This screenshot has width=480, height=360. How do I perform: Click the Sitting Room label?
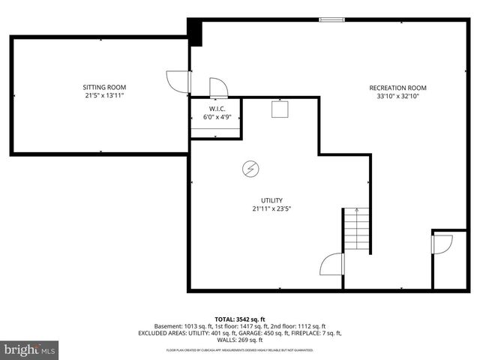103,87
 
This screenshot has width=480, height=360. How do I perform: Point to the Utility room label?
271,200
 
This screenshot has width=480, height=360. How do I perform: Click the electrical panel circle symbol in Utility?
249,169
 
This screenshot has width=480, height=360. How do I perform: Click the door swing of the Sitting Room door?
175,80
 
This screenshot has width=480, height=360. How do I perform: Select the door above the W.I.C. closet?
218,87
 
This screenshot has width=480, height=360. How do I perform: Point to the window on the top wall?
331,19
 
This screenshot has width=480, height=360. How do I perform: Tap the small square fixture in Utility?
280,109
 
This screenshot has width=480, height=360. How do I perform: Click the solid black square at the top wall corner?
195,32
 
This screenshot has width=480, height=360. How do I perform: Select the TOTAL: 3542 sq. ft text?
240,319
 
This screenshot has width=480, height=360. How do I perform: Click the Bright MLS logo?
30,349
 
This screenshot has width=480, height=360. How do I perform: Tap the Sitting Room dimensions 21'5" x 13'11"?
103,96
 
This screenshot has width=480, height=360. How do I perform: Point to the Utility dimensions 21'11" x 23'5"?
271,209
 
